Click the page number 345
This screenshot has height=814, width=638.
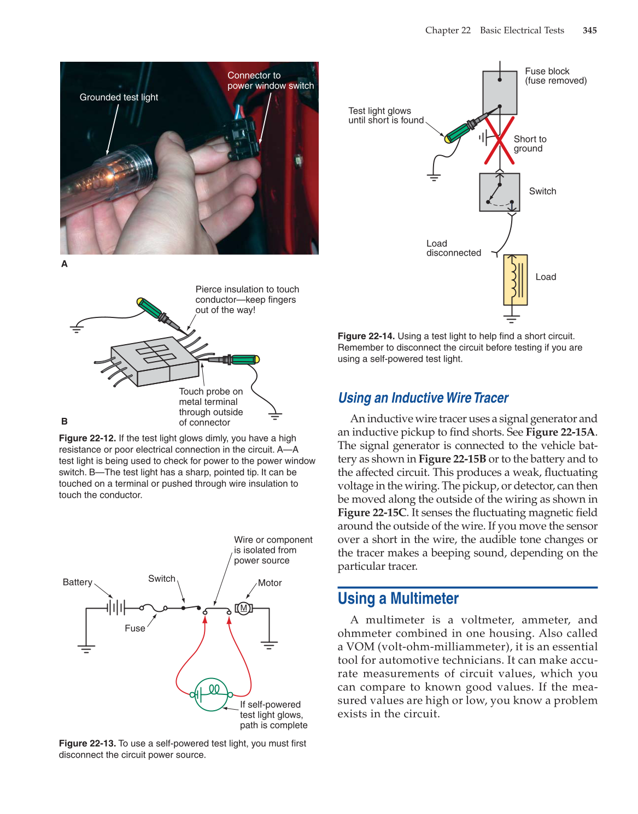589,31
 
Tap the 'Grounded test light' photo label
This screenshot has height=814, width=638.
119,97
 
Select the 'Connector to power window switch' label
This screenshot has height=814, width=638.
270,81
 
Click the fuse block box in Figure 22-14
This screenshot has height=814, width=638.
499,93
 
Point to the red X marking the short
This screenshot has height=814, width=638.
499,140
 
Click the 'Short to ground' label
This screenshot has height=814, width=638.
529,144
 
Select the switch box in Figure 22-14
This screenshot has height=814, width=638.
499,192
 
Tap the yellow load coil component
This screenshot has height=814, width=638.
515,280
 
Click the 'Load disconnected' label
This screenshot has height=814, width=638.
453,249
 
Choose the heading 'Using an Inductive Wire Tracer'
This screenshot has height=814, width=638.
423,398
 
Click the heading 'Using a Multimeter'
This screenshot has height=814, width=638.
398,599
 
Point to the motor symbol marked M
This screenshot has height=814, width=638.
244,608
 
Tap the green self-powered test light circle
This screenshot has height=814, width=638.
211,694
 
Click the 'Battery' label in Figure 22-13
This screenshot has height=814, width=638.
77,582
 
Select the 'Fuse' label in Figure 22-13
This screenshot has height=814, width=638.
134,628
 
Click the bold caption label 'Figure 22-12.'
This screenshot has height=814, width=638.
87,438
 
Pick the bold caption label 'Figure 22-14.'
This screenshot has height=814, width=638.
366,337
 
